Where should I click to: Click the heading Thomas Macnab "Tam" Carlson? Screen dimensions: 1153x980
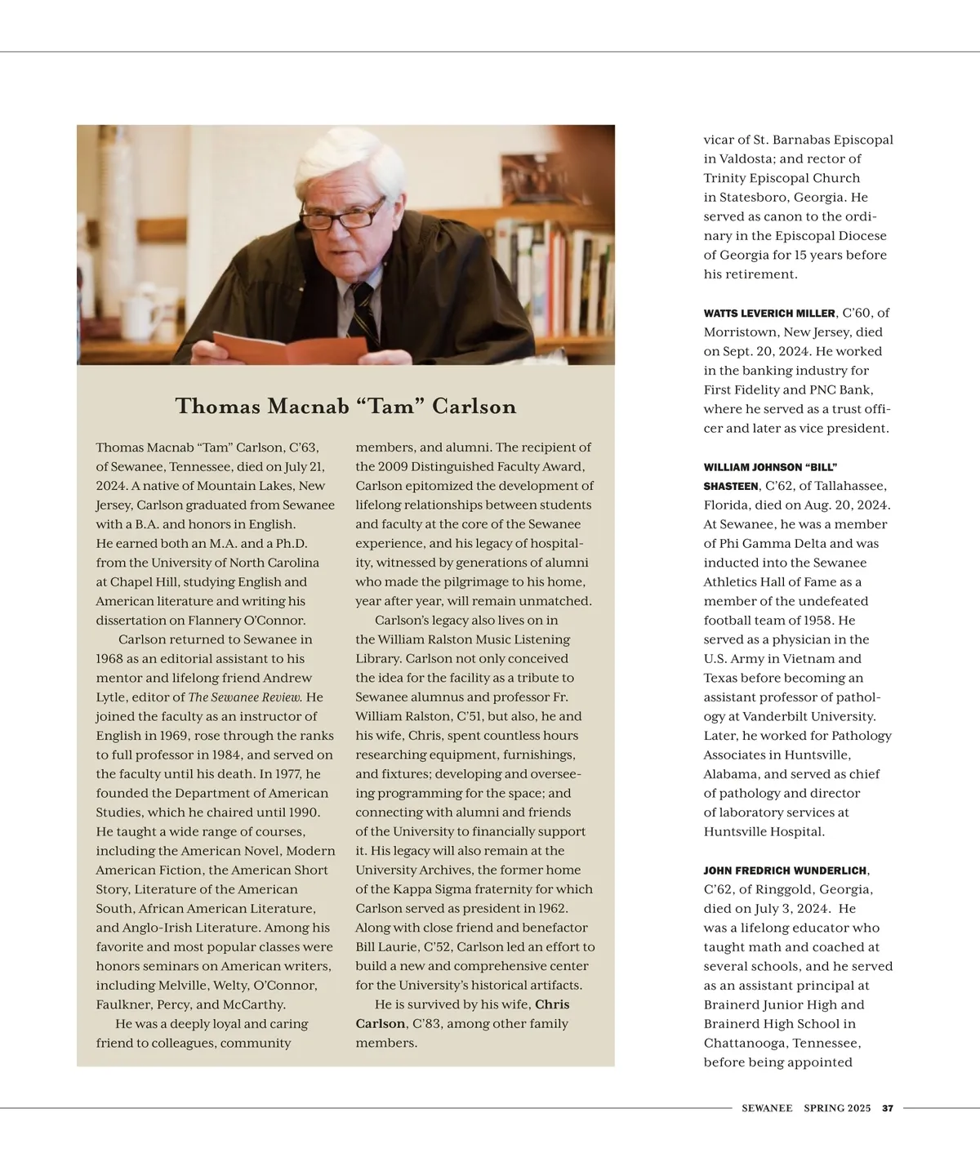345,407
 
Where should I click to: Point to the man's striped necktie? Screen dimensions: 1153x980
362,310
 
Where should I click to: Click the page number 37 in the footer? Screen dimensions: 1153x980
888,1108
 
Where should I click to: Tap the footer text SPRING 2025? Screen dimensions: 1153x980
837,1108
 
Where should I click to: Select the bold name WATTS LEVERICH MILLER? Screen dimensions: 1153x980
769,314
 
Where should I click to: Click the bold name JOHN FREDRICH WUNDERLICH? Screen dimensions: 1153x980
786,870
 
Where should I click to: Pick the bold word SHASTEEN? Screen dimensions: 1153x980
731,487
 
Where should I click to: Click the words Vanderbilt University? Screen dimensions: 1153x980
823,716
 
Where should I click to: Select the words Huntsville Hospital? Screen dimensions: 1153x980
764,832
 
